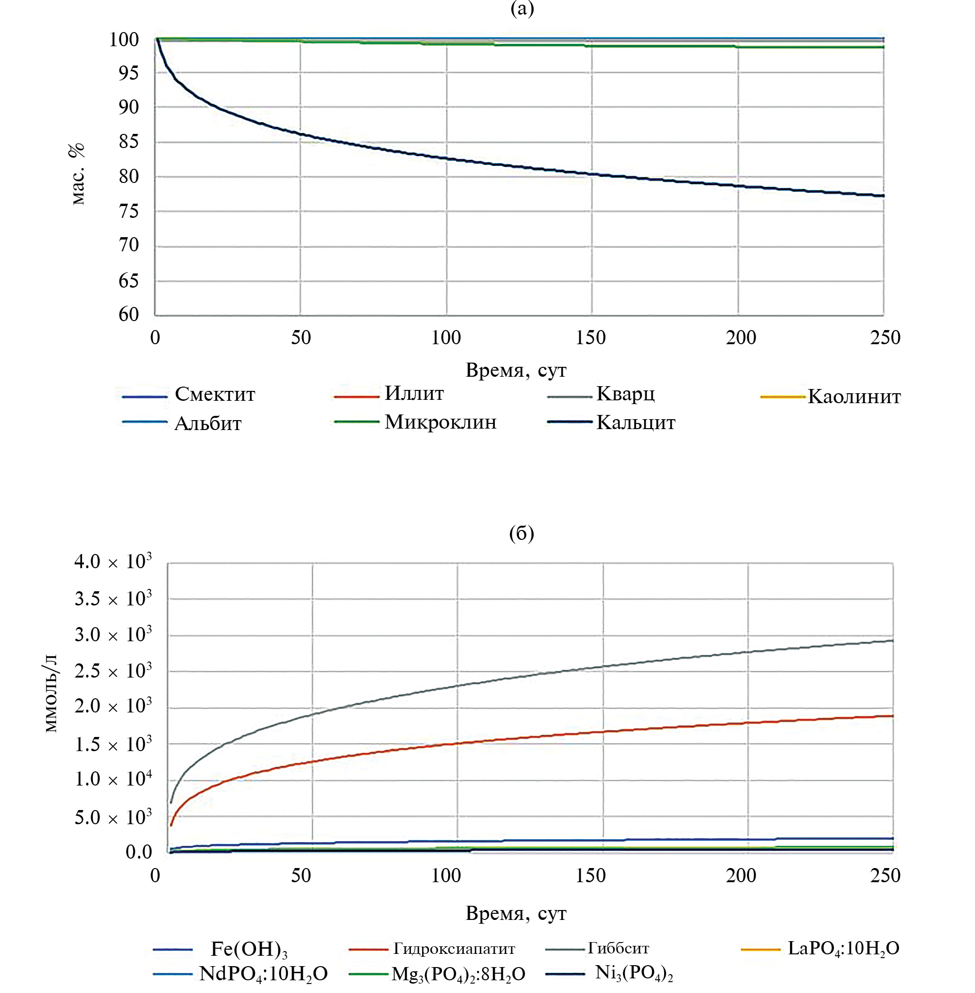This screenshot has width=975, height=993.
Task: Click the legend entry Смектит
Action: (x=215, y=394)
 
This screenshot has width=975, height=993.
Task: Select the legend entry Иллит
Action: (x=414, y=393)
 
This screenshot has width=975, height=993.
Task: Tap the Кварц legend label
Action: (x=625, y=394)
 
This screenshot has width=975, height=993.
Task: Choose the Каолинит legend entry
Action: (x=854, y=397)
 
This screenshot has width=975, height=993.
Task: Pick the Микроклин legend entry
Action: (x=441, y=422)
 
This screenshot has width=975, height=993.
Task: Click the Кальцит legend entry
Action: (x=635, y=422)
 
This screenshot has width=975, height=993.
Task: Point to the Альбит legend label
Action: (x=208, y=423)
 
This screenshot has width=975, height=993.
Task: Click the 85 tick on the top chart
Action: (x=128, y=142)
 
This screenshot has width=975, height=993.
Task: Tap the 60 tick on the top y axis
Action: (x=128, y=314)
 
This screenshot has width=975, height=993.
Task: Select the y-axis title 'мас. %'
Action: (x=77, y=174)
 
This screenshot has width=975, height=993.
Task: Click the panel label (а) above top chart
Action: (x=522, y=8)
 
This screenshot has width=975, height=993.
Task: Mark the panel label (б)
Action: (x=521, y=533)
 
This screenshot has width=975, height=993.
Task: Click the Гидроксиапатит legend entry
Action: (x=454, y=949)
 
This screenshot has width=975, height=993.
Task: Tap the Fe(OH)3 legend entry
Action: (x=249, y=949)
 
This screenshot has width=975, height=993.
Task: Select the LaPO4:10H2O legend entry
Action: (x=843, y=949)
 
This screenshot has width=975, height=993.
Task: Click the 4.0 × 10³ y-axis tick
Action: (x=113, y=562)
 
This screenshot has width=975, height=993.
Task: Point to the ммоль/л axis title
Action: (x=51, y=694)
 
